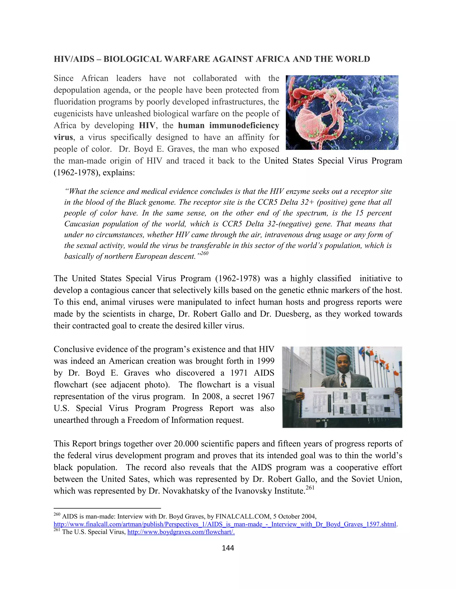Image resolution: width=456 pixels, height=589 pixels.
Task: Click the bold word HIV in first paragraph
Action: (147, 126)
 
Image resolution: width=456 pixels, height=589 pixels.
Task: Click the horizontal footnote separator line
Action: (107, 508)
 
